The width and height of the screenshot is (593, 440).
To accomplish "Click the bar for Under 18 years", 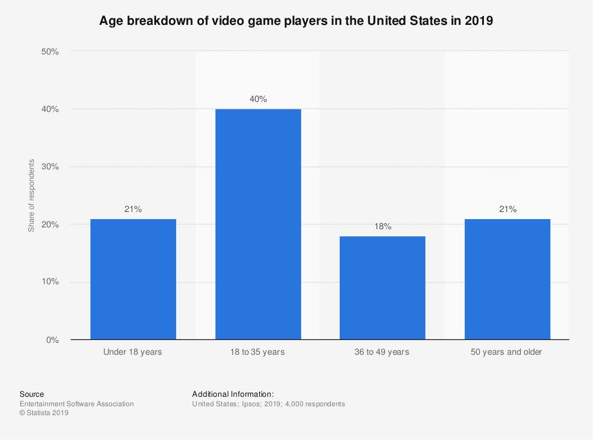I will tap(133, 279).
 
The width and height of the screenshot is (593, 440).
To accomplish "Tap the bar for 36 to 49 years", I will tap(382, 288).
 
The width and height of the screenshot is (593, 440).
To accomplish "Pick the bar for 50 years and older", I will tap(507, 279).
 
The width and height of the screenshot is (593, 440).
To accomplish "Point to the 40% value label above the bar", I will tap(258, 99).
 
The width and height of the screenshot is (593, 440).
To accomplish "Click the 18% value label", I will tap(382, 226).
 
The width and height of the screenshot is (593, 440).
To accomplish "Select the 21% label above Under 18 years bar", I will tap(133, 209).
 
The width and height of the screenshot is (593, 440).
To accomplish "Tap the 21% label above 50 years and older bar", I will tap(508, 209).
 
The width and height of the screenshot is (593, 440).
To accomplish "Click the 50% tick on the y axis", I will tap(50, 52).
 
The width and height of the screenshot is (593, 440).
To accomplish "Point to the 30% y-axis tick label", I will tap(50, 167).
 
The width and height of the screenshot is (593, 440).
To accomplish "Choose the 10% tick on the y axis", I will tap(50, 282).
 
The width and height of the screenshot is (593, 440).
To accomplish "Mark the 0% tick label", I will tap(53, 340).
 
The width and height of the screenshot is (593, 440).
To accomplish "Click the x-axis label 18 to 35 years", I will tap(258, 352).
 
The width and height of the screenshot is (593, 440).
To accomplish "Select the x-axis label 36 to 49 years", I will tap(382, 352).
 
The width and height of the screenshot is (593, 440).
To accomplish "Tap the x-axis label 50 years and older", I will tap(507, 352).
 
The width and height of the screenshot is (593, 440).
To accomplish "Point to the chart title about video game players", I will tap(296, 21).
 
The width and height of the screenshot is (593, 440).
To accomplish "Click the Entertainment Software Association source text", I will tap(76, 404).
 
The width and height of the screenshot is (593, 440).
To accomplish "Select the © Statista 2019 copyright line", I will tap(44, 413).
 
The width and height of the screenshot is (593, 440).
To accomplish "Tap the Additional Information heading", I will tap(233, 394).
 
